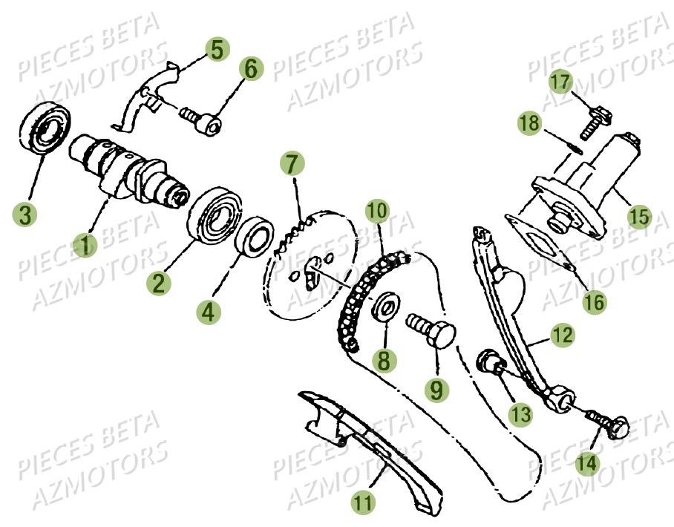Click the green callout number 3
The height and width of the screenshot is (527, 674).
pos(25,215)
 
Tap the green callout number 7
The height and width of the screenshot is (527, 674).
pos(291,163)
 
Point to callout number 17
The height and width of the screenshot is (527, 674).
pos(560,80)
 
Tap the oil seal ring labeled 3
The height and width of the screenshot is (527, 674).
pos(44,131)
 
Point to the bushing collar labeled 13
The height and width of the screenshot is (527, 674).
pos(490,363)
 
